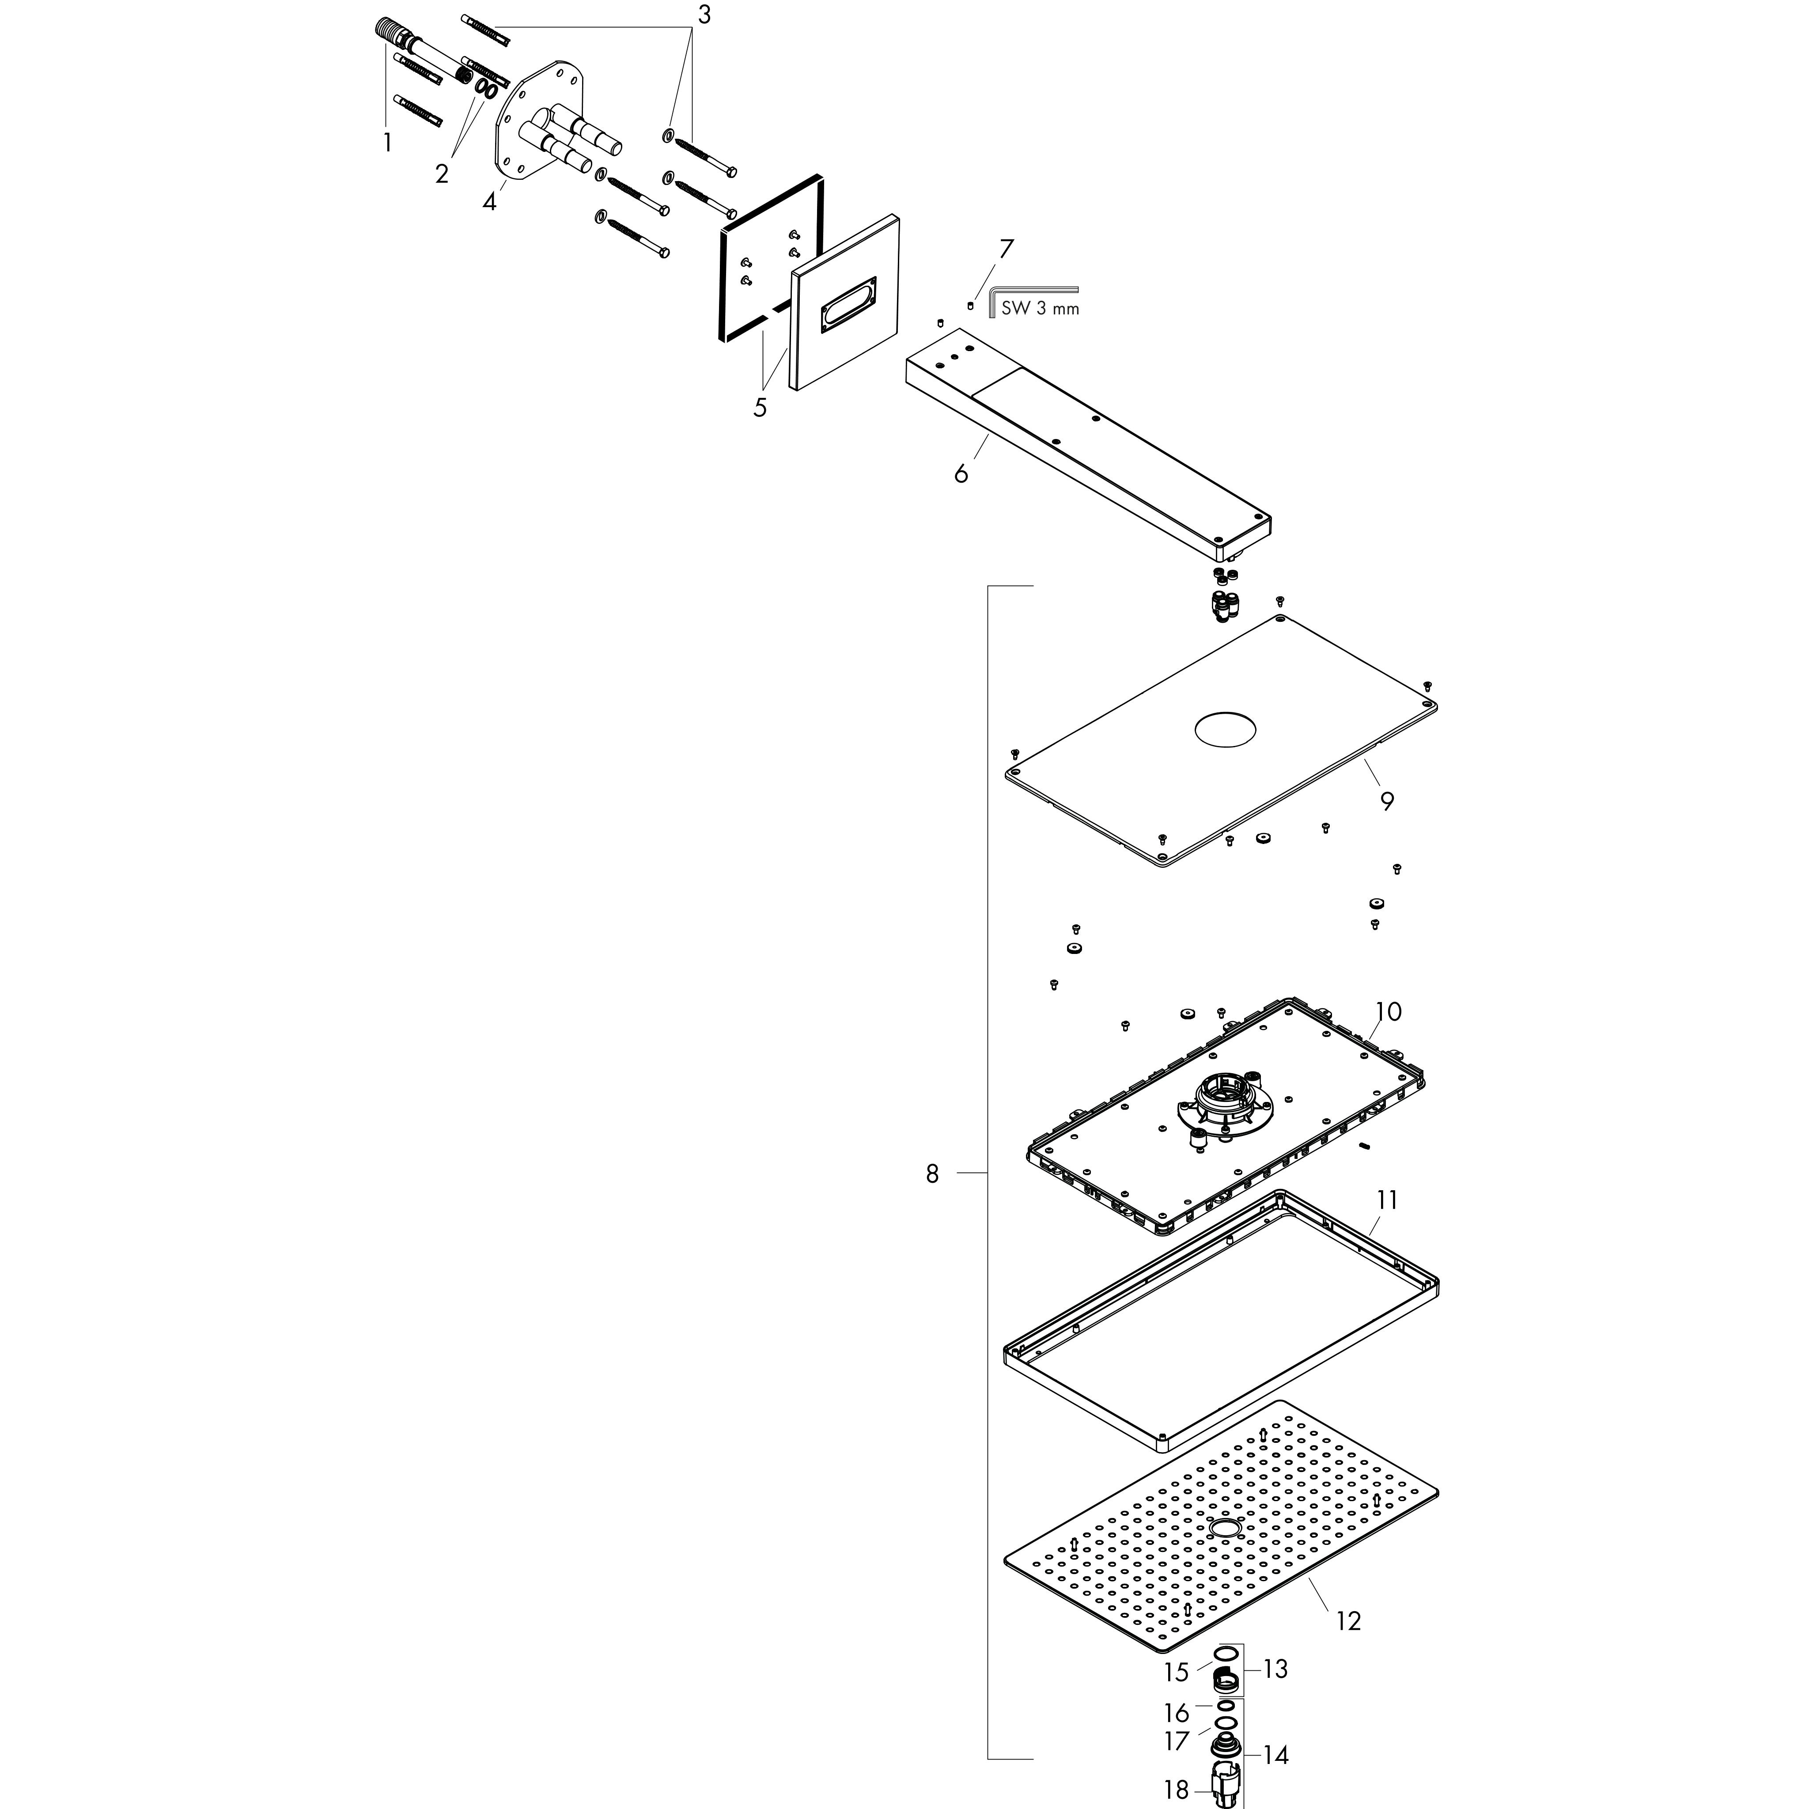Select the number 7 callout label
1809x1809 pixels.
(1006, 249)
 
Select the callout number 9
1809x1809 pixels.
(1387, 802)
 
